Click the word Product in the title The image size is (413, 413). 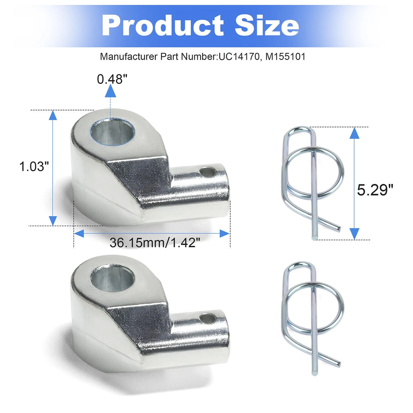click(163, 25)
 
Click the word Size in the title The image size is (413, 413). click(267, 25)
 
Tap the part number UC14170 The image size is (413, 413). click(239, 56)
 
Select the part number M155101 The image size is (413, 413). click(285, 56)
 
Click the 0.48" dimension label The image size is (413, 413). click(112, 79)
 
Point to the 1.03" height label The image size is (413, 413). click(34, 167)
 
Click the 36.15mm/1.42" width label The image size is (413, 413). click(155, 242)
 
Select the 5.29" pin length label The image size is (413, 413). click(375, 190)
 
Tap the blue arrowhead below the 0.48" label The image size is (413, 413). click(111, 92)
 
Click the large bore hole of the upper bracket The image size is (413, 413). click(113, 132)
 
